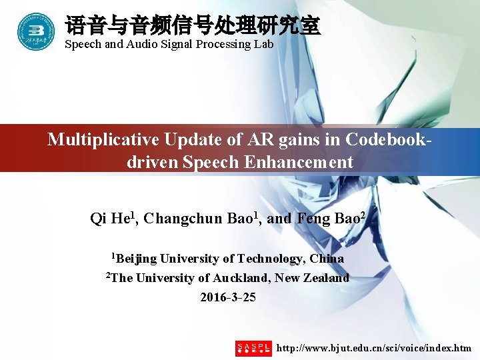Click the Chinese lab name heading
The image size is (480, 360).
point(193,26)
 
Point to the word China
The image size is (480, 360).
point(327,259)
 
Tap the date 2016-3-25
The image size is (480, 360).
point(228,297)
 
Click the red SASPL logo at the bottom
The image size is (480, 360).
point(253,348)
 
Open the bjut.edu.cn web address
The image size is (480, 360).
point(374,348)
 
